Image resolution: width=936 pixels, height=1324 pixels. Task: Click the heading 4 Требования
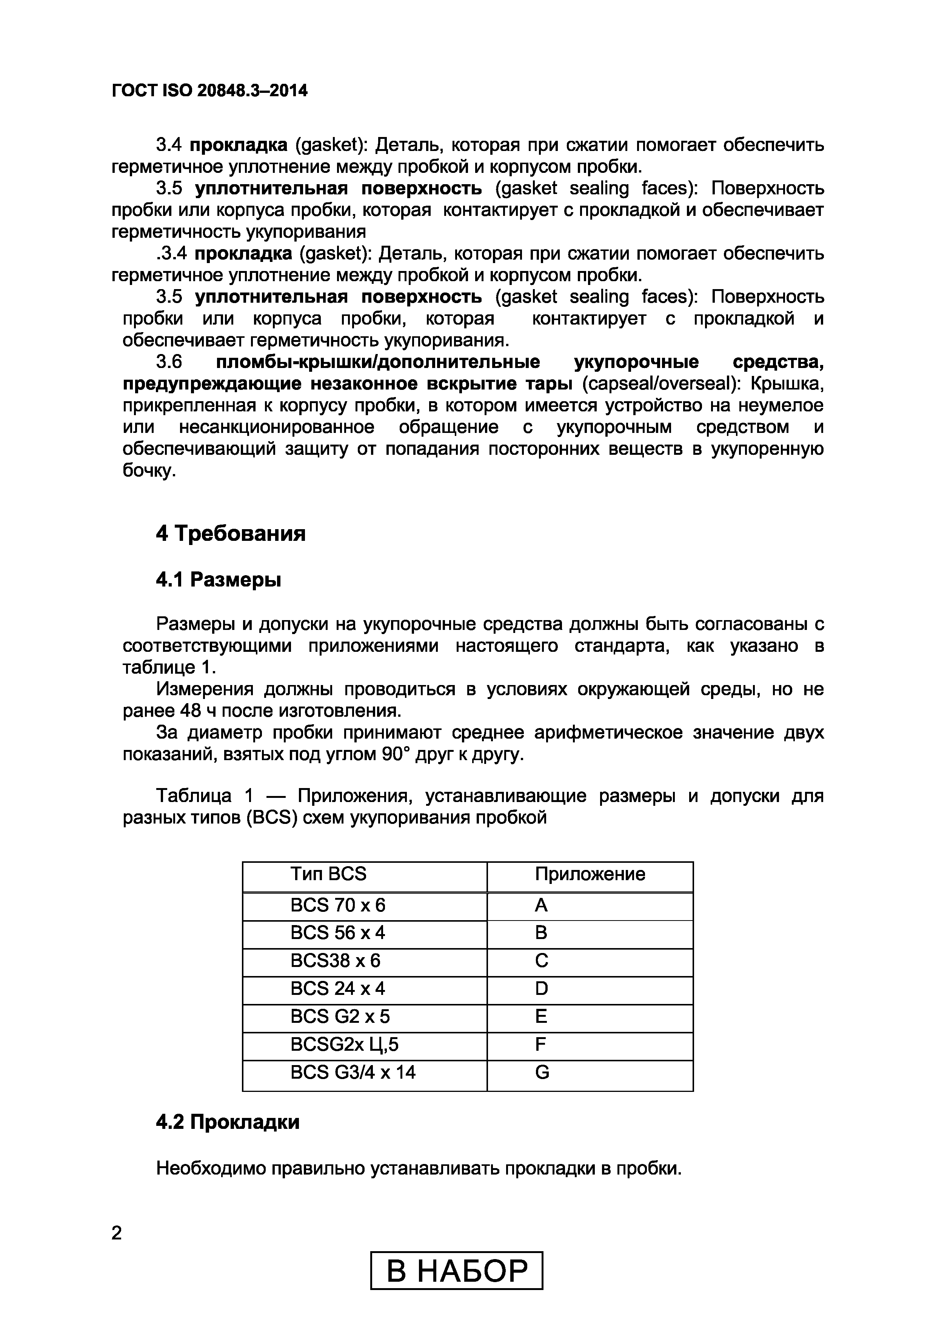point(230,533)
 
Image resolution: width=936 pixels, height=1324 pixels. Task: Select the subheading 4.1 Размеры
point(218,579)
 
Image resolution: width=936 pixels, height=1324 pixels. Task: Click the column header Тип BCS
point(328,874)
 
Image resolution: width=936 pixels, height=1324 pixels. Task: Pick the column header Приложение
point(590,874)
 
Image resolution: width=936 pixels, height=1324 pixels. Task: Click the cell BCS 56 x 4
point(337,933)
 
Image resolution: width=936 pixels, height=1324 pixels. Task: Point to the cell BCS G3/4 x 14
point(353,1072)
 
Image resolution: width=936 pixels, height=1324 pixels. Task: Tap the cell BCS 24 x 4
point(337,988)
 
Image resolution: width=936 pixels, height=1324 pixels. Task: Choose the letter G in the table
point(542,1072)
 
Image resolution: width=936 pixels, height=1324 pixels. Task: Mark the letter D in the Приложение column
point(541,988)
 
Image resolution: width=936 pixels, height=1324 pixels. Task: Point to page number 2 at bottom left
point(117,1233)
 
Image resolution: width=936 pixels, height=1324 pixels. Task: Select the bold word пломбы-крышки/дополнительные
point(378,362)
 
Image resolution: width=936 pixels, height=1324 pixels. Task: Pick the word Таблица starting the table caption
point(194,796)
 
